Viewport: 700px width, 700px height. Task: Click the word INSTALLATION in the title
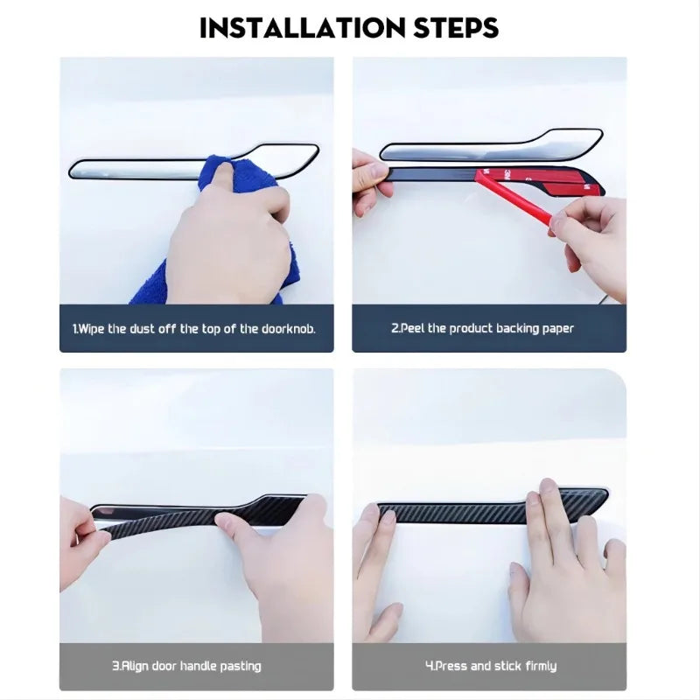[303, 28]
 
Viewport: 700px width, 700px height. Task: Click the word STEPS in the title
[456, 28]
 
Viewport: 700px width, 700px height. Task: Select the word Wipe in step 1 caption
[90, 330]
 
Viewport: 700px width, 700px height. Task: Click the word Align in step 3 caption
[135, 667]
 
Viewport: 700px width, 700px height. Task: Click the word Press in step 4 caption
[451, 666]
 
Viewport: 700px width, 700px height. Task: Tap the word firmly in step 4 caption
[541, 667]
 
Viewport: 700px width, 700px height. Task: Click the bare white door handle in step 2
[491, 146]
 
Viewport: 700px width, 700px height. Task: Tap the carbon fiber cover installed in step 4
[491, 508]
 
